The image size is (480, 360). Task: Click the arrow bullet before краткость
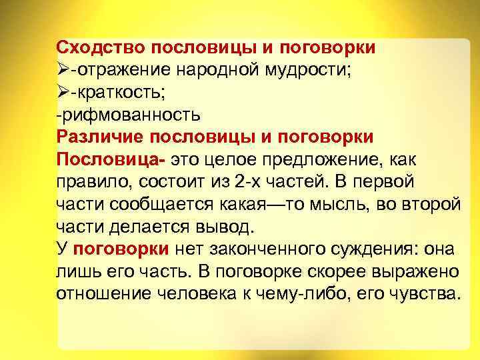pos(64,92)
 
